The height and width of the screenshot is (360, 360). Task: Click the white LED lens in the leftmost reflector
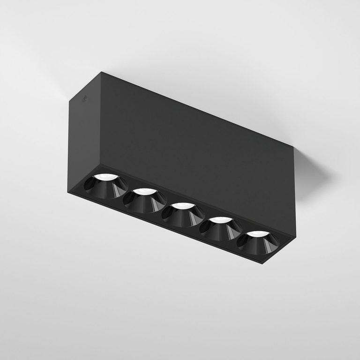coord(106,177)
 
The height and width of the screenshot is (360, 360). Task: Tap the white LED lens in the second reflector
coord(145,191)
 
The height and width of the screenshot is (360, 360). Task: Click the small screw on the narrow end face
coord(85,100)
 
